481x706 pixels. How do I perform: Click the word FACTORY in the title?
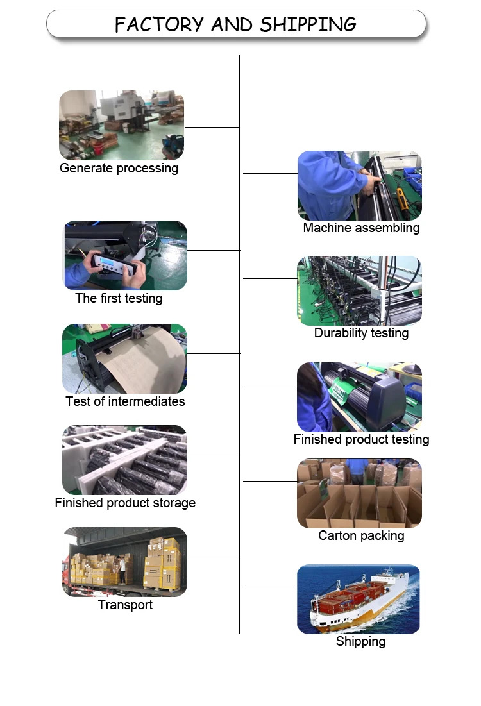(159, 24)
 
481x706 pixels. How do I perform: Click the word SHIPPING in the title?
(308, 24)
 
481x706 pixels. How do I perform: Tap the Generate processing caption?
(119, 169)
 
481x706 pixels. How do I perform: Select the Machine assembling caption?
(361, 228)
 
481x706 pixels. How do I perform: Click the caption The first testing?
(119, 298)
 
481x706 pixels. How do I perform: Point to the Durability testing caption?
(361, 333)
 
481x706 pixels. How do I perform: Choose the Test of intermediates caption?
(125, 401)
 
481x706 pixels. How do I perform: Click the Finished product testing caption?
(361, 439)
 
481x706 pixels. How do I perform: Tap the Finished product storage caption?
(125, 503)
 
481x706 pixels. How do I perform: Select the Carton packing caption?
(361, 535)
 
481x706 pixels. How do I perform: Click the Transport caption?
(125, 605)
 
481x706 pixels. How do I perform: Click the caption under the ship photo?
(360, 641)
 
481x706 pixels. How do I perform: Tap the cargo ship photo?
(359, 599)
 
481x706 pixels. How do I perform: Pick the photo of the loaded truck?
(125, 562)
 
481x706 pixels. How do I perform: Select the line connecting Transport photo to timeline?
(214, 557)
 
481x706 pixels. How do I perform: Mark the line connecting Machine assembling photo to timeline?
(270, 173)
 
